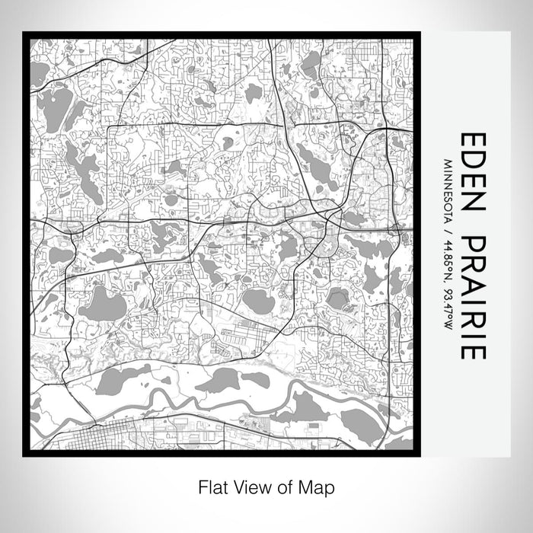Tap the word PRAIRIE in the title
471,297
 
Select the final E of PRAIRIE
471,351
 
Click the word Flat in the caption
211,485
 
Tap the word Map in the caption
319,485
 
